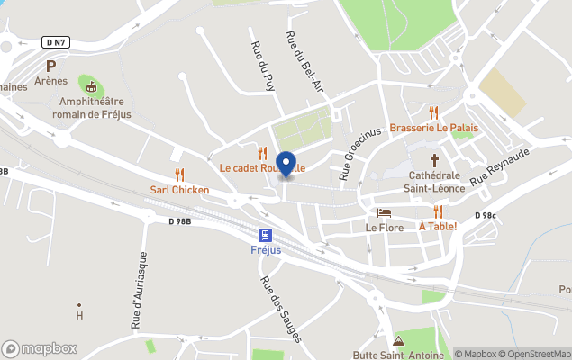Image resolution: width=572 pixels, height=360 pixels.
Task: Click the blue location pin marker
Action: (286, 165)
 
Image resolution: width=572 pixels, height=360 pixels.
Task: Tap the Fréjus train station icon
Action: (266, 233)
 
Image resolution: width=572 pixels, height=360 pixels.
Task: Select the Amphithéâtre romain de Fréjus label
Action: (90, 109)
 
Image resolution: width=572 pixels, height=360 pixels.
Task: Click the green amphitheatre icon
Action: (90, 87)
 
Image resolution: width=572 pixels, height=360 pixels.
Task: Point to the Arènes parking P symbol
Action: (51, 66)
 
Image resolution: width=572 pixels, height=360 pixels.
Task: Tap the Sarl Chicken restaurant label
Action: (179, 190)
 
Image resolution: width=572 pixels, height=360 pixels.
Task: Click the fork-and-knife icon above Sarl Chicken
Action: (179, 175)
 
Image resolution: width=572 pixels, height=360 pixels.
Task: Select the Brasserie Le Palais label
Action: (433, 128)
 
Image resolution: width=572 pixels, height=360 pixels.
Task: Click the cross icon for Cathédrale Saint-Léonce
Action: (436, 159)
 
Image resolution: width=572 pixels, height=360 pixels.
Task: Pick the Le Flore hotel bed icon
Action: (385, 213)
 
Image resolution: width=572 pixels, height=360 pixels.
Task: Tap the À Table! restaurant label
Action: (438, 226)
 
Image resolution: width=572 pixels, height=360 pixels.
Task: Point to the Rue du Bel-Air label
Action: (304, 62)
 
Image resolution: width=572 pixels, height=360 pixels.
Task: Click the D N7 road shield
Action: (55, 42)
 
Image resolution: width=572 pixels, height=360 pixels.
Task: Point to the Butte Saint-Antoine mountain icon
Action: (399, 341)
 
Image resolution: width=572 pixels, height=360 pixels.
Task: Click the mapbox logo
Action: (40, 348)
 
